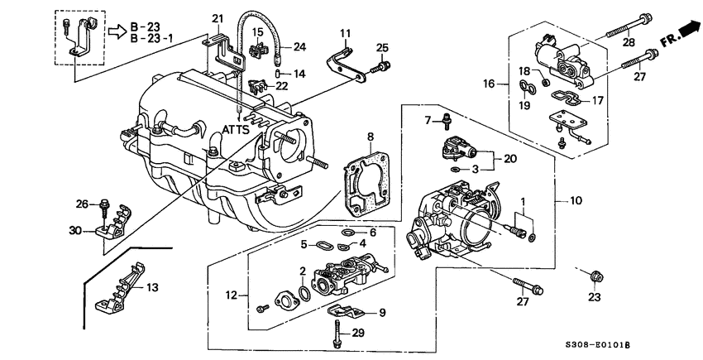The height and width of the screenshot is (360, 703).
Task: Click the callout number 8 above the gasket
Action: [x=371, y=136]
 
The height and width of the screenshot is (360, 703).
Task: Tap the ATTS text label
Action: [x=239, y=131]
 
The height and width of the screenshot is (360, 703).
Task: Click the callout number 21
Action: [x=218, y=18]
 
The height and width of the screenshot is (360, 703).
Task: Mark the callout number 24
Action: [x=299, y=46]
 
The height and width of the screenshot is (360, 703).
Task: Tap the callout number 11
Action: [x=345, y=32]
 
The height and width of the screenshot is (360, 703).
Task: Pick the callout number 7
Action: [x=428, y=120]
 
